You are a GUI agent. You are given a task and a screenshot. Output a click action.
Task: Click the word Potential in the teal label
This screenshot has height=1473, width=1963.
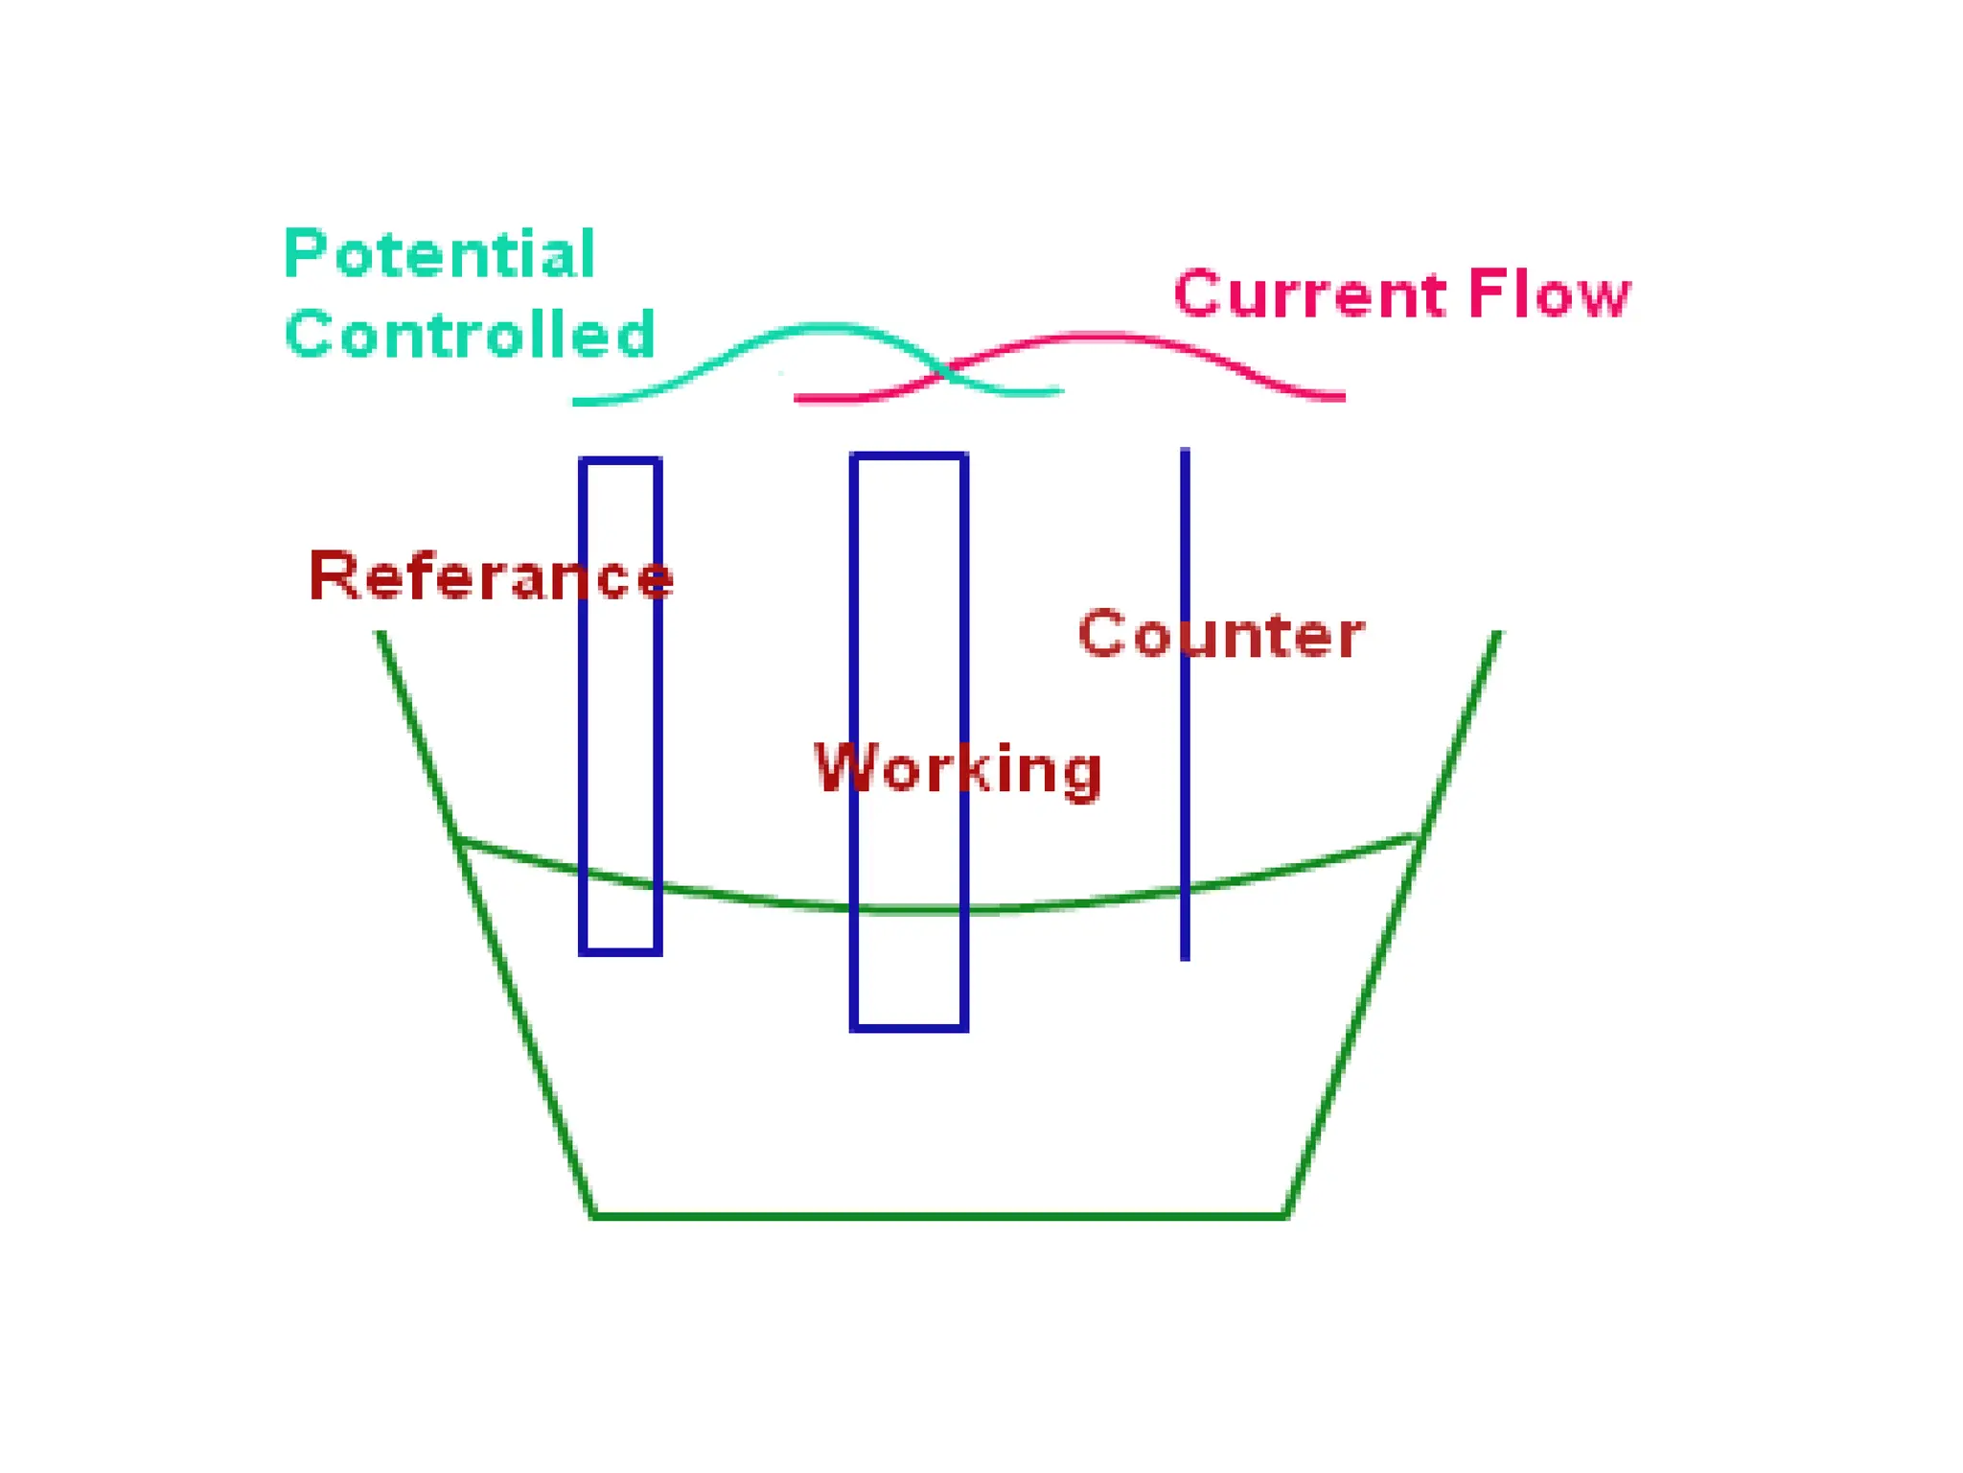coord(440,255)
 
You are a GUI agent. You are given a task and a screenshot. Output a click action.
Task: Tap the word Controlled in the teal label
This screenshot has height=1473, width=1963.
coord(470,335)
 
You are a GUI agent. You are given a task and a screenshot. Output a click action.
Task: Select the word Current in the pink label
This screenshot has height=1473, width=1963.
coord(1309,293)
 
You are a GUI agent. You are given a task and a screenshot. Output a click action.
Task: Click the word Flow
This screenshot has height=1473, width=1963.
coord(1548,293)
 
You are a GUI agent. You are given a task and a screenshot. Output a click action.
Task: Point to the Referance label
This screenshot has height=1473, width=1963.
coord(490,576)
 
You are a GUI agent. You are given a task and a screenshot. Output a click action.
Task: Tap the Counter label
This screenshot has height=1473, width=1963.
coord(1221,635)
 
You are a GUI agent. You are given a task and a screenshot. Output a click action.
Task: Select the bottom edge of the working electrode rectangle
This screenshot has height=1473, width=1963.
coord(909,1027)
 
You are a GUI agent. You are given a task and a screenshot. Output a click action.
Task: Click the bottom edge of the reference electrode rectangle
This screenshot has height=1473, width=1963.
coord(620,951)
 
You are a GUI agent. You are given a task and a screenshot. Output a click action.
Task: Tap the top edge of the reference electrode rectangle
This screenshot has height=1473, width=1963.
coord(620,461)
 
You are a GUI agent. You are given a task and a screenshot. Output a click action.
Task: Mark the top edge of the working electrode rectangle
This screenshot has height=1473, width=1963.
coord(909,456)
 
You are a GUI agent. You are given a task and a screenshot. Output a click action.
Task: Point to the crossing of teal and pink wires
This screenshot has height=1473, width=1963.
coord(945,372)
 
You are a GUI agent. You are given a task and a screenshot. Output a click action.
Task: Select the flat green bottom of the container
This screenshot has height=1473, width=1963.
coord(939,1216)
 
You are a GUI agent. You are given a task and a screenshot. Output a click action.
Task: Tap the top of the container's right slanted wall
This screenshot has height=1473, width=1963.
coord(1496,635)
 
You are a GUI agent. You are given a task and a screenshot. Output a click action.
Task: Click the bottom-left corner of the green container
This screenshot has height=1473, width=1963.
coord(593,1215)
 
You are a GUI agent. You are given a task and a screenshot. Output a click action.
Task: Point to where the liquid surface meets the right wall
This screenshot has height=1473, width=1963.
coord(1419,837)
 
